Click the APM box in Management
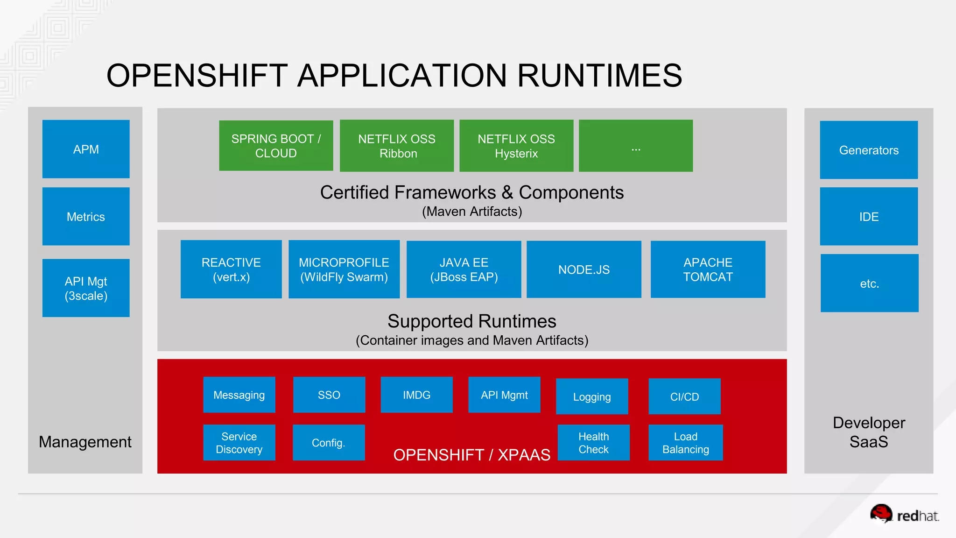86,149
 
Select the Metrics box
86,216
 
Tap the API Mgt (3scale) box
86,288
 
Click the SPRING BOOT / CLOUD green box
276,146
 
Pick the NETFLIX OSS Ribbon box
397,146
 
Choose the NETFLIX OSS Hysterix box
516,146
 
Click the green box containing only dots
636,146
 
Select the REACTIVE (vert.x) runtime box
231,269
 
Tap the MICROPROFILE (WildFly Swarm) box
344,269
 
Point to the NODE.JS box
584,269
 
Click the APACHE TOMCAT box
708,269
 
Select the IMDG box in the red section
416,395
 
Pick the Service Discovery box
239,443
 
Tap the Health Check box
593,443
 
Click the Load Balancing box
685,443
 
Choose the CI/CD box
684,396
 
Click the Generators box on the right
869,150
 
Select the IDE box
869,216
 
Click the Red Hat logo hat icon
881,513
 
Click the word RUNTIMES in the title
599,76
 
